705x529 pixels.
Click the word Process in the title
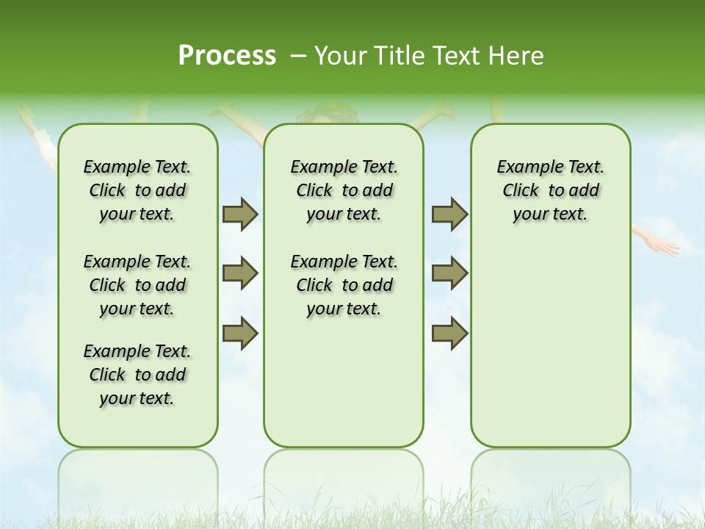(227, 56)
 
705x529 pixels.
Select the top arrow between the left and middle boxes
(240, 214)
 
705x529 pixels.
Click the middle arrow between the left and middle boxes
(240, 273)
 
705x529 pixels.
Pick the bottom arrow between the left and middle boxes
(240, 333)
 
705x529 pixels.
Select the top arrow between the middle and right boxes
(449, 214)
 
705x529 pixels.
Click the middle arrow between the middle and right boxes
(449, 273)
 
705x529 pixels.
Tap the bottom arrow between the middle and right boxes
(449, 333)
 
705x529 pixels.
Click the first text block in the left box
(137, 190)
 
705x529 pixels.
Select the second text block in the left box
(137, 285)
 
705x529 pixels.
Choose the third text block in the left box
(137, 375)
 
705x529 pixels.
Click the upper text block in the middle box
(344, 190)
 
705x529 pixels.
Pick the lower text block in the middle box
(344, 285)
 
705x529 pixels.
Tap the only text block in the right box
(550, 190)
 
